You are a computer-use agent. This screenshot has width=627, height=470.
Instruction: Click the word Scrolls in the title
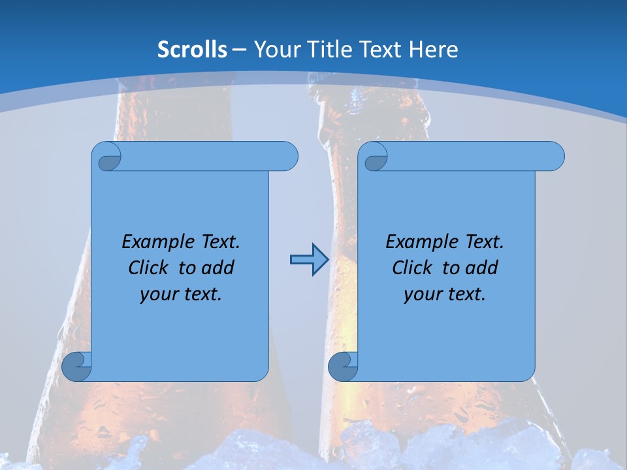(192, 50)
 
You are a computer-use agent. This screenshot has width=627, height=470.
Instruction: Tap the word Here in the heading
(434, 50)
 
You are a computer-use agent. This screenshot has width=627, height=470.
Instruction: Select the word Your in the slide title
(275, 50)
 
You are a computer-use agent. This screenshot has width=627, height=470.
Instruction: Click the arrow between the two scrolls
(309, 260)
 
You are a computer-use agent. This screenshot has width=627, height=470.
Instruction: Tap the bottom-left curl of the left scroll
(76, 367)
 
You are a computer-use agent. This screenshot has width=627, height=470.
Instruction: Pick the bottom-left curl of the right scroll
(343, 367)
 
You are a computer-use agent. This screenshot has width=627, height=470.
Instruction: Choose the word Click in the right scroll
(411, 268)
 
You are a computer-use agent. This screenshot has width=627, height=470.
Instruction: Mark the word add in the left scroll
(219, 268)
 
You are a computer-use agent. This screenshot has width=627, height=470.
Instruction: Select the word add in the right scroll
(483, 268)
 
